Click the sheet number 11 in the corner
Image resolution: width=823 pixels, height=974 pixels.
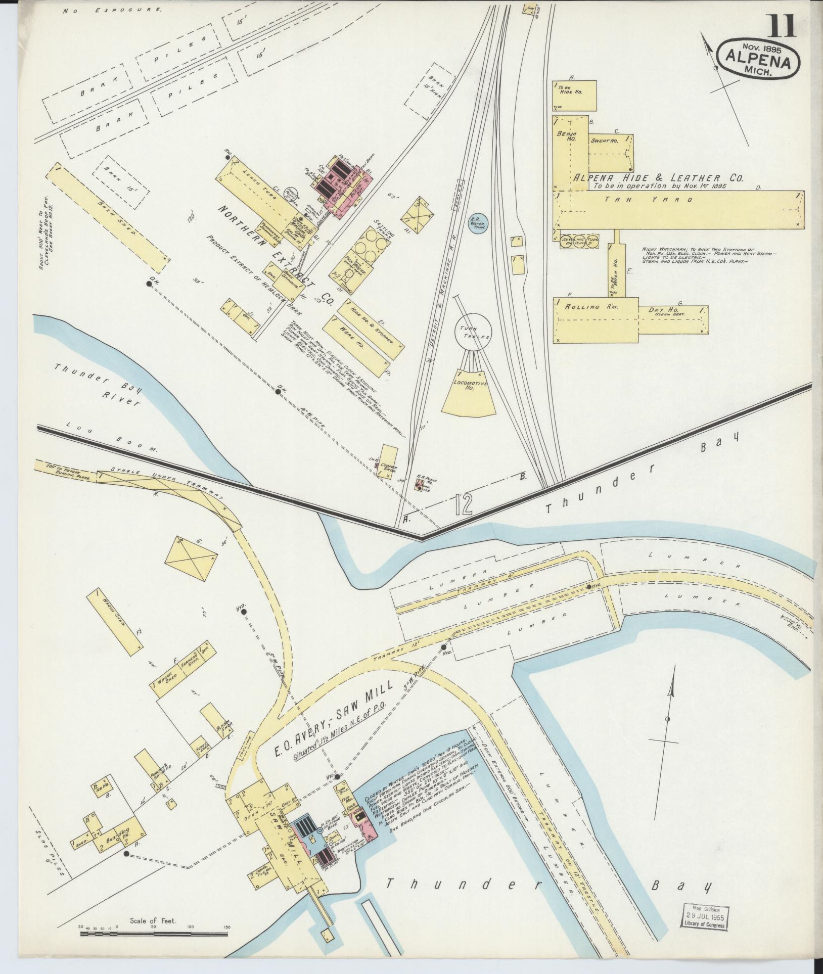coord(783,26)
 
